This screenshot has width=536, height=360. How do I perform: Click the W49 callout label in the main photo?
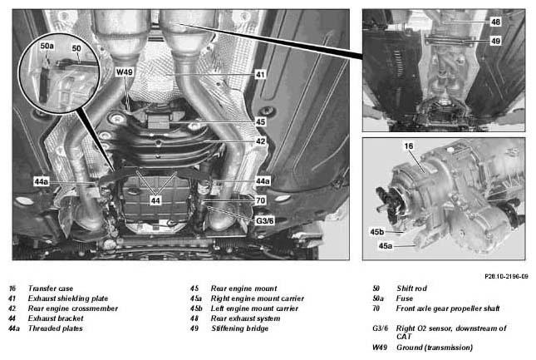click(x=125, y=72)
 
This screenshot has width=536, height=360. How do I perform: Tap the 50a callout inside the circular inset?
click(x=47, y=46)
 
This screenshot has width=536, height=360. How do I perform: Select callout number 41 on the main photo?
click(x=260, y=74)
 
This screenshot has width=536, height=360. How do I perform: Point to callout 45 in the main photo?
click(x=260, y=121)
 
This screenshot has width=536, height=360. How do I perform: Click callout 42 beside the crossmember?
click(x=260, y=141)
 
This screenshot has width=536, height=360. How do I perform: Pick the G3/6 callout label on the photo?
click(x=265, y=221)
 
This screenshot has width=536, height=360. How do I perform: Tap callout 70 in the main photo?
click(x=260, y=200)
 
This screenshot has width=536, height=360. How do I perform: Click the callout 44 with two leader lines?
click(x=155, y=200)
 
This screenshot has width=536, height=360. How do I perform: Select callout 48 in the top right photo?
click(x=495, y=22)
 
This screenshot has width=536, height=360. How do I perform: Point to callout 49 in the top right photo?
click(x=495, y=41)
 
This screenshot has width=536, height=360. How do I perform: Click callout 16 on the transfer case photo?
click(x=409, y=146)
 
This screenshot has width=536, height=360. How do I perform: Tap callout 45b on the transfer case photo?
click(x=377, y=232)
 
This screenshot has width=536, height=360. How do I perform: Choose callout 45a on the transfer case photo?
click(x=386, y=246)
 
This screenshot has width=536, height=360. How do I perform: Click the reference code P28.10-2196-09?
click(x=506, y=276)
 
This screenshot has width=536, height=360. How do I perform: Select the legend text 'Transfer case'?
click(x=51, y=288)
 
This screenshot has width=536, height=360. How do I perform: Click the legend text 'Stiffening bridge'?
click(x=239, y=328)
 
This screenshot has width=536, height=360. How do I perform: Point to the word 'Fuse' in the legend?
click(x=405, y=298)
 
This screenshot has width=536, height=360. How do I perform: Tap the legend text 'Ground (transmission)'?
click(x=435, y=348)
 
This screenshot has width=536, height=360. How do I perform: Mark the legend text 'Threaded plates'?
click(x=56, y=328)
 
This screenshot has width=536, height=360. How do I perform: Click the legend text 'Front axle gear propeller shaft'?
click(x=448, y=308)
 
